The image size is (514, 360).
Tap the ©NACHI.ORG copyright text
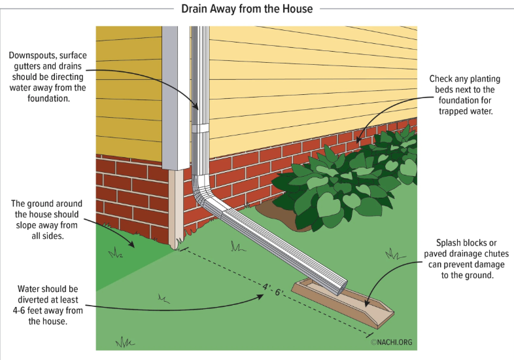point(392,341)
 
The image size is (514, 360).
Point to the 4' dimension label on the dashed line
point(267,286)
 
